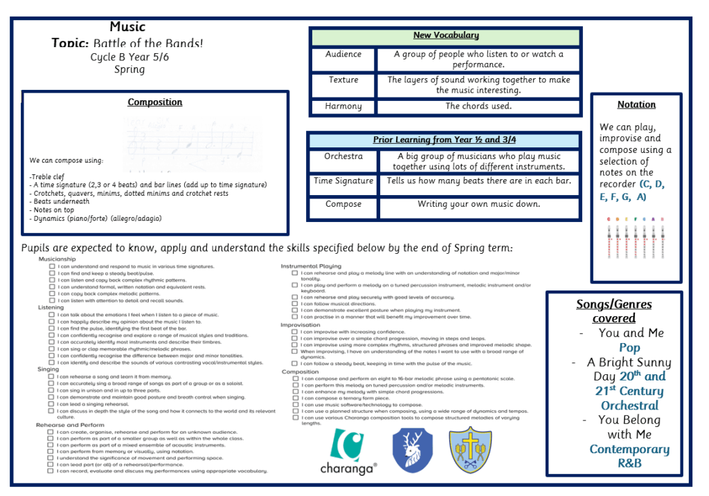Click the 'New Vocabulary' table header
click(x=446, y=36)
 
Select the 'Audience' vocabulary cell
click(x=343, y=55)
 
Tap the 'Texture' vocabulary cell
click(x=343, y=80)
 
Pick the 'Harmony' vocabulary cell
click(x=343, y=107)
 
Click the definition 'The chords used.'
click(x=478, y=107)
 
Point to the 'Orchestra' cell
click(x=343, y=156)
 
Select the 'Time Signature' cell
click(x=343, y=181)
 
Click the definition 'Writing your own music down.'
click(x=478, y=205)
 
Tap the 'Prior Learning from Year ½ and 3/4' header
click(x=445, y=140)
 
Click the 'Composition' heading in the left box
click(x=155, y=102)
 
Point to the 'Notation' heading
click(x=636, y=105)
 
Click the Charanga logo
click(x=348, y=451)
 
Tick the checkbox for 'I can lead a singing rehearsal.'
click(x=52, y=404)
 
